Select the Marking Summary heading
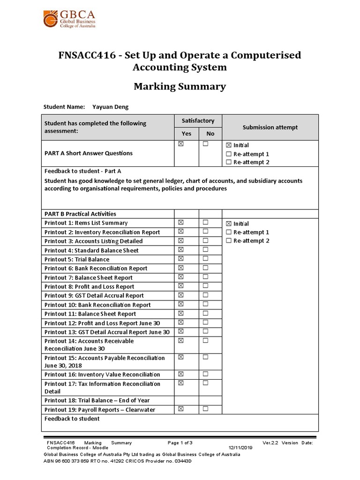tap(180, 86)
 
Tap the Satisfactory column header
tap(198, 121)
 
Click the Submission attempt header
tap(270, 127)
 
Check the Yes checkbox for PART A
tap(181, 144)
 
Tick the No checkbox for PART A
tap(205, 144)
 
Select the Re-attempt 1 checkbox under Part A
tap(229, 154)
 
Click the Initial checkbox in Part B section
tap(229, 224)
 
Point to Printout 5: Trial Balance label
tap(77, 259)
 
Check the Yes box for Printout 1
tap(181, 222)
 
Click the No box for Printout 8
tap(205, 286)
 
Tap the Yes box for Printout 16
tap(181, 374)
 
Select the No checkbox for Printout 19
tap(205, 409)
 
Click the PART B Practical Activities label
tap(80, 214)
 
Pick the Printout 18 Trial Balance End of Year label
tap(97, 400)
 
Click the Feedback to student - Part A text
tap(82, 171)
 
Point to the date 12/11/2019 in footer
tap(240, 448)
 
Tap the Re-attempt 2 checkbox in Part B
tap(229, 240)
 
